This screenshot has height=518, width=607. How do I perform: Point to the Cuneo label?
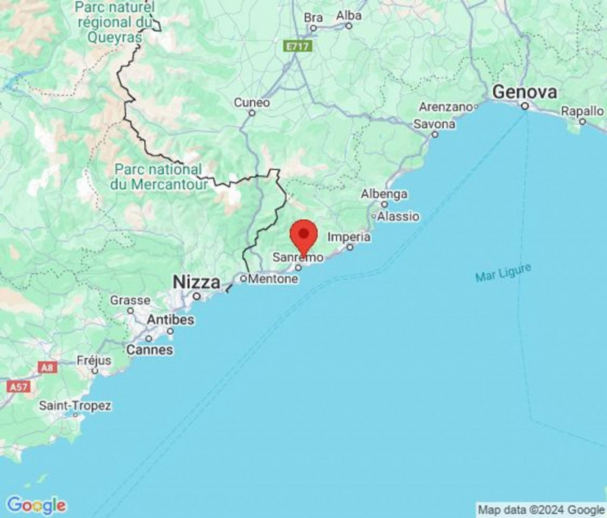click(251, 102)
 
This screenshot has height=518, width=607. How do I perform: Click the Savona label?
click(435, 124)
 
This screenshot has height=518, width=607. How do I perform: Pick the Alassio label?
click(398, 216)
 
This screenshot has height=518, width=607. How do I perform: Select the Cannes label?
click(149, 350)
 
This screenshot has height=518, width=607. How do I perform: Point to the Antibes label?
click(170, 320)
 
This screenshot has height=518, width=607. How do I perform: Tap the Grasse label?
click(130, 300)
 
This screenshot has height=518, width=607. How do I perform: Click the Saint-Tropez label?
click(75, 405)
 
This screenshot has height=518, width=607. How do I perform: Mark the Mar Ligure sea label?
click(503, 273)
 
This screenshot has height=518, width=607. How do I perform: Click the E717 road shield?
click(298, 47)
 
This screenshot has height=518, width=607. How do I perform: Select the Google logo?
click(36, 505)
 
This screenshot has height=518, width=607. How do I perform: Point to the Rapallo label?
click(582, 111)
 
